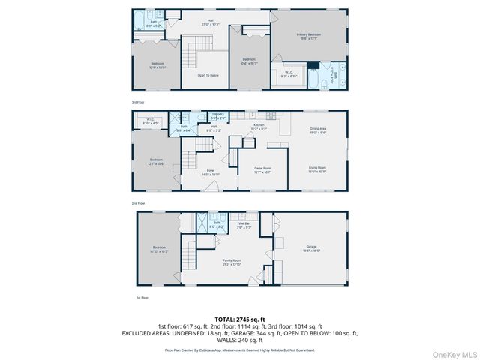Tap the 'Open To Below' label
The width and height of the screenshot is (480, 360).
(208, 75)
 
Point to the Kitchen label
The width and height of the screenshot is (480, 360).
(259, 126)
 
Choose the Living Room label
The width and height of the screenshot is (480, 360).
(318, 169)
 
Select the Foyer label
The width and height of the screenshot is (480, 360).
(211, 172)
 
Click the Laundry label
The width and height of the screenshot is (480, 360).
(219, 115)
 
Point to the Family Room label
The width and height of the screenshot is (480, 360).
(231, 262)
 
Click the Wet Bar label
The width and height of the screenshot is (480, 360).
(244, 225)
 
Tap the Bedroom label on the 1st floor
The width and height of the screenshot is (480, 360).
(159, 248)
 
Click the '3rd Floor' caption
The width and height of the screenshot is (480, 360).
(138, 101)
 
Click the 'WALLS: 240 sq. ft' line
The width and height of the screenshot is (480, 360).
(240, 337)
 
